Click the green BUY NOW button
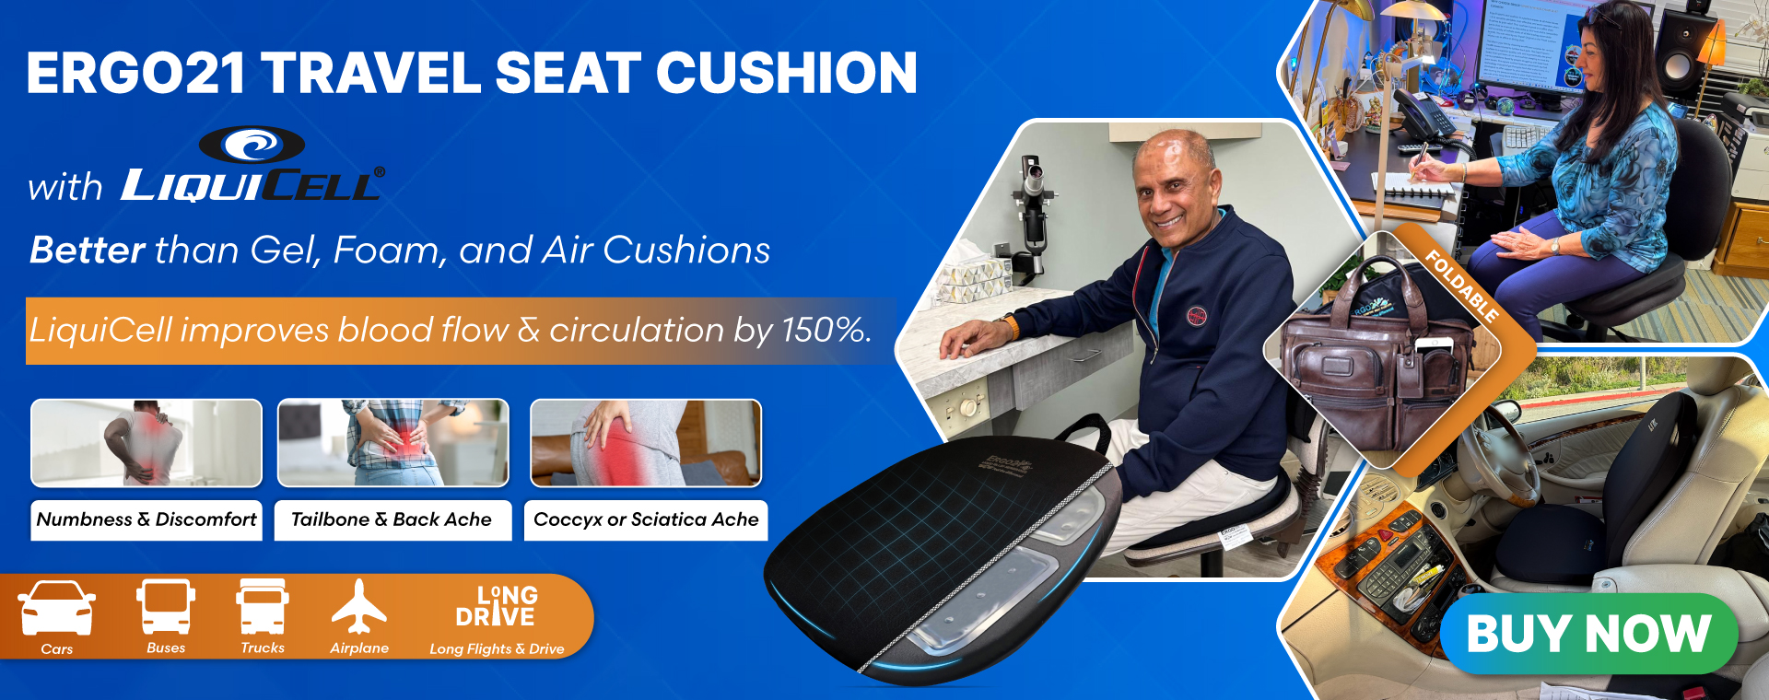(x=1588, y=634)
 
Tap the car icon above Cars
(x=57, y=608)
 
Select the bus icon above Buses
(x=166, y=607)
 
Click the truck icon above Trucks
(x=263, y=607)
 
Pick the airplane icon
(x=358, y=607)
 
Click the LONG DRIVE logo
(x=497, y=606)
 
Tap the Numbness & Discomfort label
(x=146, y=519)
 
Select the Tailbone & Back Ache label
(x=392, y=519)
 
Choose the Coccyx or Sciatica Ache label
(x=646, y=519)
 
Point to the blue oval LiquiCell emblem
(x=252, y=145)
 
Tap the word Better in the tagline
(x=88, y=250)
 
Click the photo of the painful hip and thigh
(x=646, y=443)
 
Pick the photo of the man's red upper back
(x=146, y=443)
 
